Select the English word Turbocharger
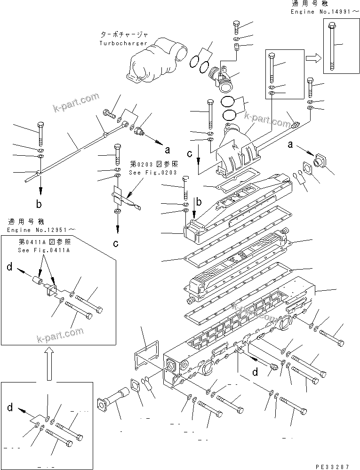[x=123, y=43]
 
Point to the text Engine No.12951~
[x=40, y=230]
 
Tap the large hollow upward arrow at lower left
[x=48, y=362]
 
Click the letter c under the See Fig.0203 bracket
[x=116, y=243]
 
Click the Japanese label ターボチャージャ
[x=124, y=35]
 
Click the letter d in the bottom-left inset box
[x=10, y=407]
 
